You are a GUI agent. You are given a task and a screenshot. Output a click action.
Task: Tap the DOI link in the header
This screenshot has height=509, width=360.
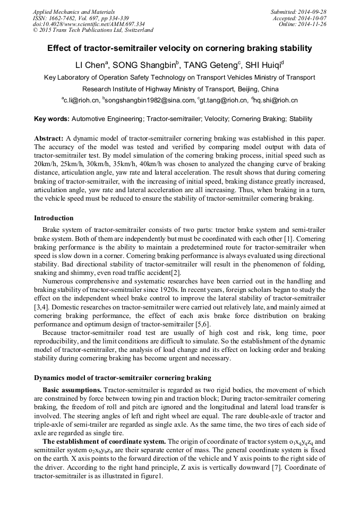[x=89, y=24]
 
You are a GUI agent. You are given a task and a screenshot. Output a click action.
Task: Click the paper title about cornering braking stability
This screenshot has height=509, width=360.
[x=179, y=48]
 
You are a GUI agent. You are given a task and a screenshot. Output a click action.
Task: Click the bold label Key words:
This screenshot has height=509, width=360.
[x=52, y=119]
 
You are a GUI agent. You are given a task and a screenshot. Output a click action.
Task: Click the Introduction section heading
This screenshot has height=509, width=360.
[x=54, y=218]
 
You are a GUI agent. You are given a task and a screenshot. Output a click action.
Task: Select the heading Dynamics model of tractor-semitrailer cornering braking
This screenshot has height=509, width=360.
[x=123, y=378]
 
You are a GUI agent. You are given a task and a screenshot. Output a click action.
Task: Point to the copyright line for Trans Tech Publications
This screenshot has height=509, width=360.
[x=93, y=30]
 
